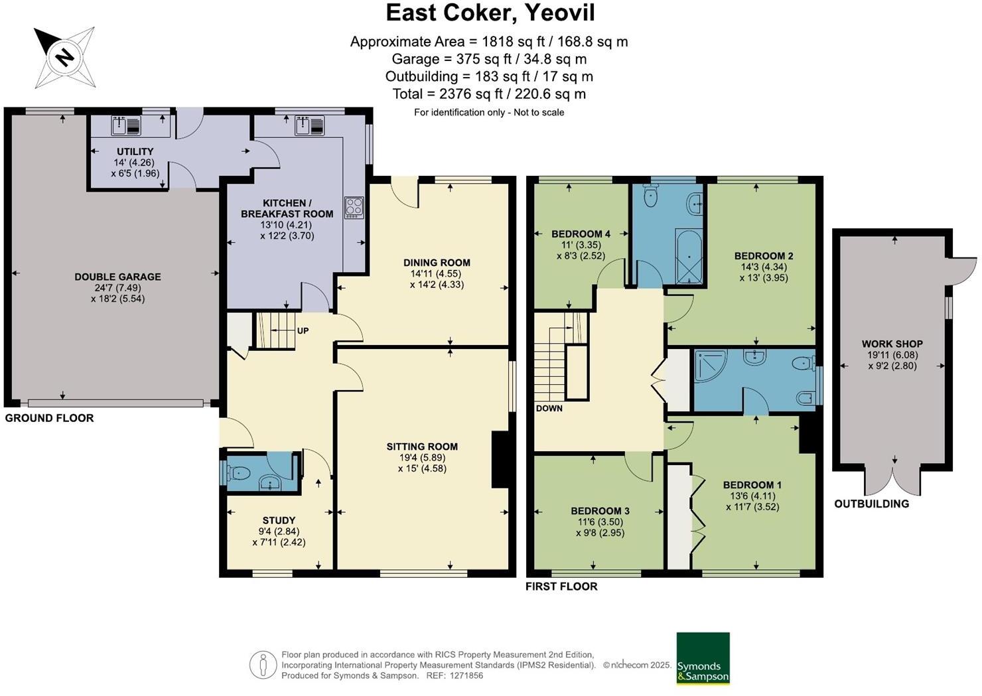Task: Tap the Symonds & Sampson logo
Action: (703, 658)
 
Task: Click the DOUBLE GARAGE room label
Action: (117, 277)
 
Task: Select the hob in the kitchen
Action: (354, 208)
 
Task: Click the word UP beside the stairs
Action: (303, 330)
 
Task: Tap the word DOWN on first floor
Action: (549, 408)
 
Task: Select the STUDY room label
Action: (279, 520)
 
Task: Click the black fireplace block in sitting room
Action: (500, 460)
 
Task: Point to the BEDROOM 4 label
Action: (581, 234)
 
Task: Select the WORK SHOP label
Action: (892, 344)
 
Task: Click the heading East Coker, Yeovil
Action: (490, 13)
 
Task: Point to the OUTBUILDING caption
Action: (871, 504)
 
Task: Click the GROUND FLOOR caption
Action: (49, 418)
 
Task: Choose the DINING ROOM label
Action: (437, 263)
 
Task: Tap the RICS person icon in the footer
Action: (263, 665)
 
